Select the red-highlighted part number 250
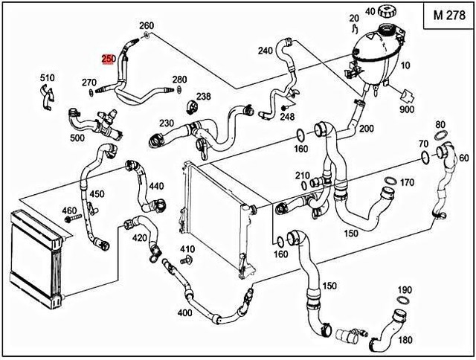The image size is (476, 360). pos(109,60)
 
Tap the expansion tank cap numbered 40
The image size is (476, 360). pos(387,12)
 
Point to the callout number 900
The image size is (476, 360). pos(407,109)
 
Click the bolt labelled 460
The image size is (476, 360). pos(73,218)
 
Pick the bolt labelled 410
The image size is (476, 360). pos(184,260)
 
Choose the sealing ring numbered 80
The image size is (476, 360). pos(441,135)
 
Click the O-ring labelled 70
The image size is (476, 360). pos(425,157)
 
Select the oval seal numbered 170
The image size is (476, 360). pos(390,181)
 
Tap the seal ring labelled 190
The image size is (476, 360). pos(403,300)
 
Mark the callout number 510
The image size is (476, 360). pos(48,78)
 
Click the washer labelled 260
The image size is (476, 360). pos(145,35)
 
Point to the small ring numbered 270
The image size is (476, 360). pos(91,92)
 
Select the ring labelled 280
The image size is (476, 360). pos(178,89)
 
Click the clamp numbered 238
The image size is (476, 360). pos(192,108)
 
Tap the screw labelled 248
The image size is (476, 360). pos(284,107)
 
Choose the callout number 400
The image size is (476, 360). pos(185,312)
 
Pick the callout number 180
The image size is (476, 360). pos(405,340)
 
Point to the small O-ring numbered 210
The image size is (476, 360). pos(304,185)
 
